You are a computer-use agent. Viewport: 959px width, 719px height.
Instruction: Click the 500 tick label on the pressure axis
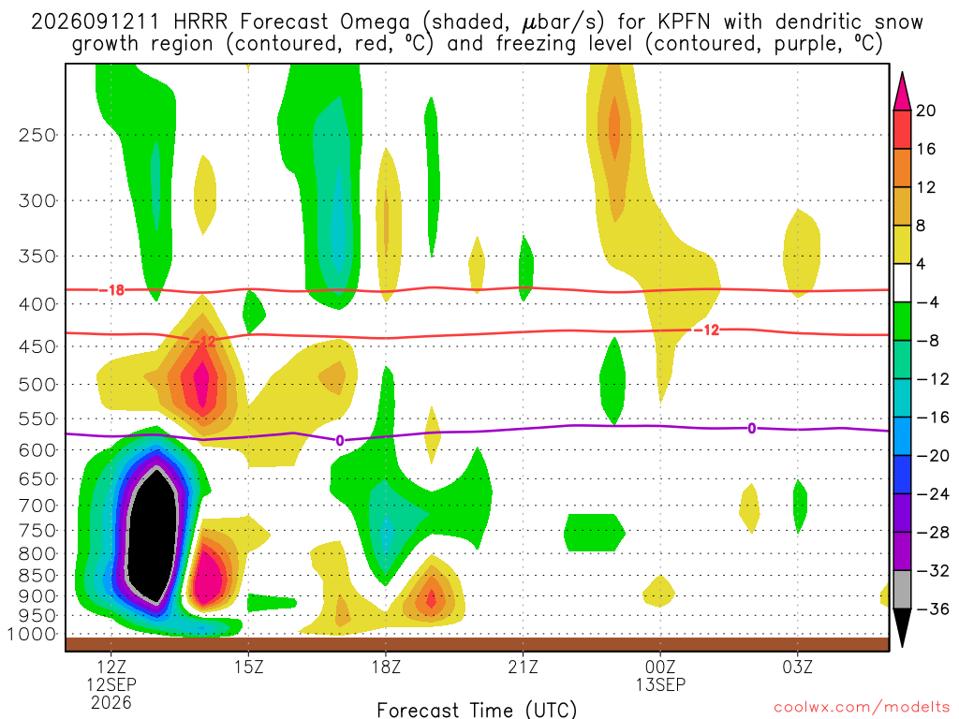tap(37, 385)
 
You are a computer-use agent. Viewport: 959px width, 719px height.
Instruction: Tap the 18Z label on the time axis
tap(386, 667)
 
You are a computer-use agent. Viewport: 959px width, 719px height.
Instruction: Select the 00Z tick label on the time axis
tap(660, 667)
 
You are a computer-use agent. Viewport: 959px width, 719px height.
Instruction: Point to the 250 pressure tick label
tap(37, 135)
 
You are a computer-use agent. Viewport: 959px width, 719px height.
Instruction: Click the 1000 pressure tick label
tap(33, 634)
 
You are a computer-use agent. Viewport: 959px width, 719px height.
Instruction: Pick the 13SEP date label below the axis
tap(660, 684)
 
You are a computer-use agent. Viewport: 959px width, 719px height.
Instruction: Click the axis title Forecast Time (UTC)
tap(477, 710)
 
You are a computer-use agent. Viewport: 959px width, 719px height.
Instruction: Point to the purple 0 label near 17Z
tap(340, 440)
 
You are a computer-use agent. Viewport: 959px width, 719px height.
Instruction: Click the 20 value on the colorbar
tap(925, 110)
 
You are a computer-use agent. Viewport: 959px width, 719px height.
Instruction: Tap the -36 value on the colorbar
tap(933, 609)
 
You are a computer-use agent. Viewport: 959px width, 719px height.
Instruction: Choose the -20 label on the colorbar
tap(933, 456)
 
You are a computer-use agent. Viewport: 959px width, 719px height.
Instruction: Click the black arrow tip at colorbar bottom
tap(902, 646)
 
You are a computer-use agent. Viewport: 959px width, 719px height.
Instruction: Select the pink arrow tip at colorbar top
tap(902, 74)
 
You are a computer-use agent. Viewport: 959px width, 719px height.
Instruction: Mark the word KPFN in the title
tap(684, 22)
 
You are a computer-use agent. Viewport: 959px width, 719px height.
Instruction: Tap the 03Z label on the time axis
tap(798, 667)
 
